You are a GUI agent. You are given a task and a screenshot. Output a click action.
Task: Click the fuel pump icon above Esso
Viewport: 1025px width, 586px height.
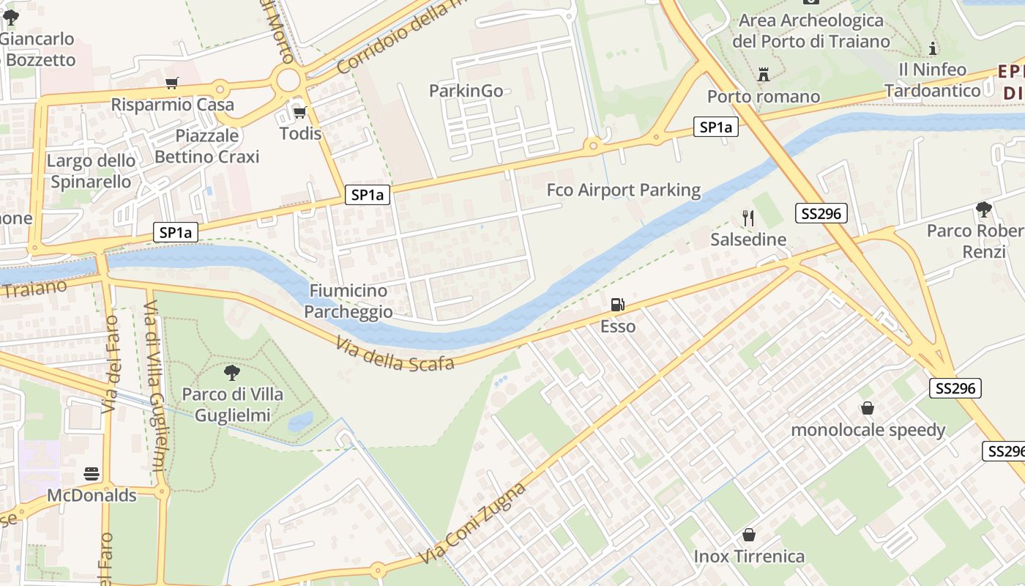tap(618, 305)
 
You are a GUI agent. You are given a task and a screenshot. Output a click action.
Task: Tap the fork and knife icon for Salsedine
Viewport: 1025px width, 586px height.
tap(748, 218)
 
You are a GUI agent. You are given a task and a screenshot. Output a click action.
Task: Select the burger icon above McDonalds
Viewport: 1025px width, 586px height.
tap(92, 474)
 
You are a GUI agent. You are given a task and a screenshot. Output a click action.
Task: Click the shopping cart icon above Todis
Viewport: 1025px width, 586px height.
tap(299, 112)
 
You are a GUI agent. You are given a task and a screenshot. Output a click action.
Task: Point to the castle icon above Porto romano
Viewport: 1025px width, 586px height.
tap(764, 74)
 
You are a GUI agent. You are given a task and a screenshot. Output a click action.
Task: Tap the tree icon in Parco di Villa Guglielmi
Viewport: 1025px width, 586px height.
tap(232, 373)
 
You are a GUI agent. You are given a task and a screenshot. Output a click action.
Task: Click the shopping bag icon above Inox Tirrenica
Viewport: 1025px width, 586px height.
tap(749, 535)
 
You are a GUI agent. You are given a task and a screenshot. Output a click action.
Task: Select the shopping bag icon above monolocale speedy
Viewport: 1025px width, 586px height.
tap(868, 408)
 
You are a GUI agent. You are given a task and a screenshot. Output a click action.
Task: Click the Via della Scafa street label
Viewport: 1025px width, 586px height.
tap(395, 354)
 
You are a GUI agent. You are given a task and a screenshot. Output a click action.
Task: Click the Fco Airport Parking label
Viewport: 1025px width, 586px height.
tap(624, 190)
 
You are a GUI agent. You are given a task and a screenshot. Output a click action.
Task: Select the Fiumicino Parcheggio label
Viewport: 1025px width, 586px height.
tap(348, 301)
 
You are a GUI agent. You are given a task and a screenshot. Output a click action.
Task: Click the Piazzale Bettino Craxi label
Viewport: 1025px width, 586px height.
tap(207, 146)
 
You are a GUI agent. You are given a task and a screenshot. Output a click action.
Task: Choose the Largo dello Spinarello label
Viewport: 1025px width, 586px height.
tap(91, 171)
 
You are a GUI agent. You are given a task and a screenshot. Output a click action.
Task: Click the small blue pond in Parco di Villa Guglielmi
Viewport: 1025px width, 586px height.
tap(300, 421)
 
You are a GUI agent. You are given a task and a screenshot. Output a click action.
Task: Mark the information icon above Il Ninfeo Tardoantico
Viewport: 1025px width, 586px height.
tap(933, 49)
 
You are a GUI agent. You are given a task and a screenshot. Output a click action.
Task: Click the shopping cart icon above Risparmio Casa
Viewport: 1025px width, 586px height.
tap(172, 84)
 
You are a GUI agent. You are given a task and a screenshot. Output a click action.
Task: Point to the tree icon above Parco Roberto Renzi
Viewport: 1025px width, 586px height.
tap(983, 209)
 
